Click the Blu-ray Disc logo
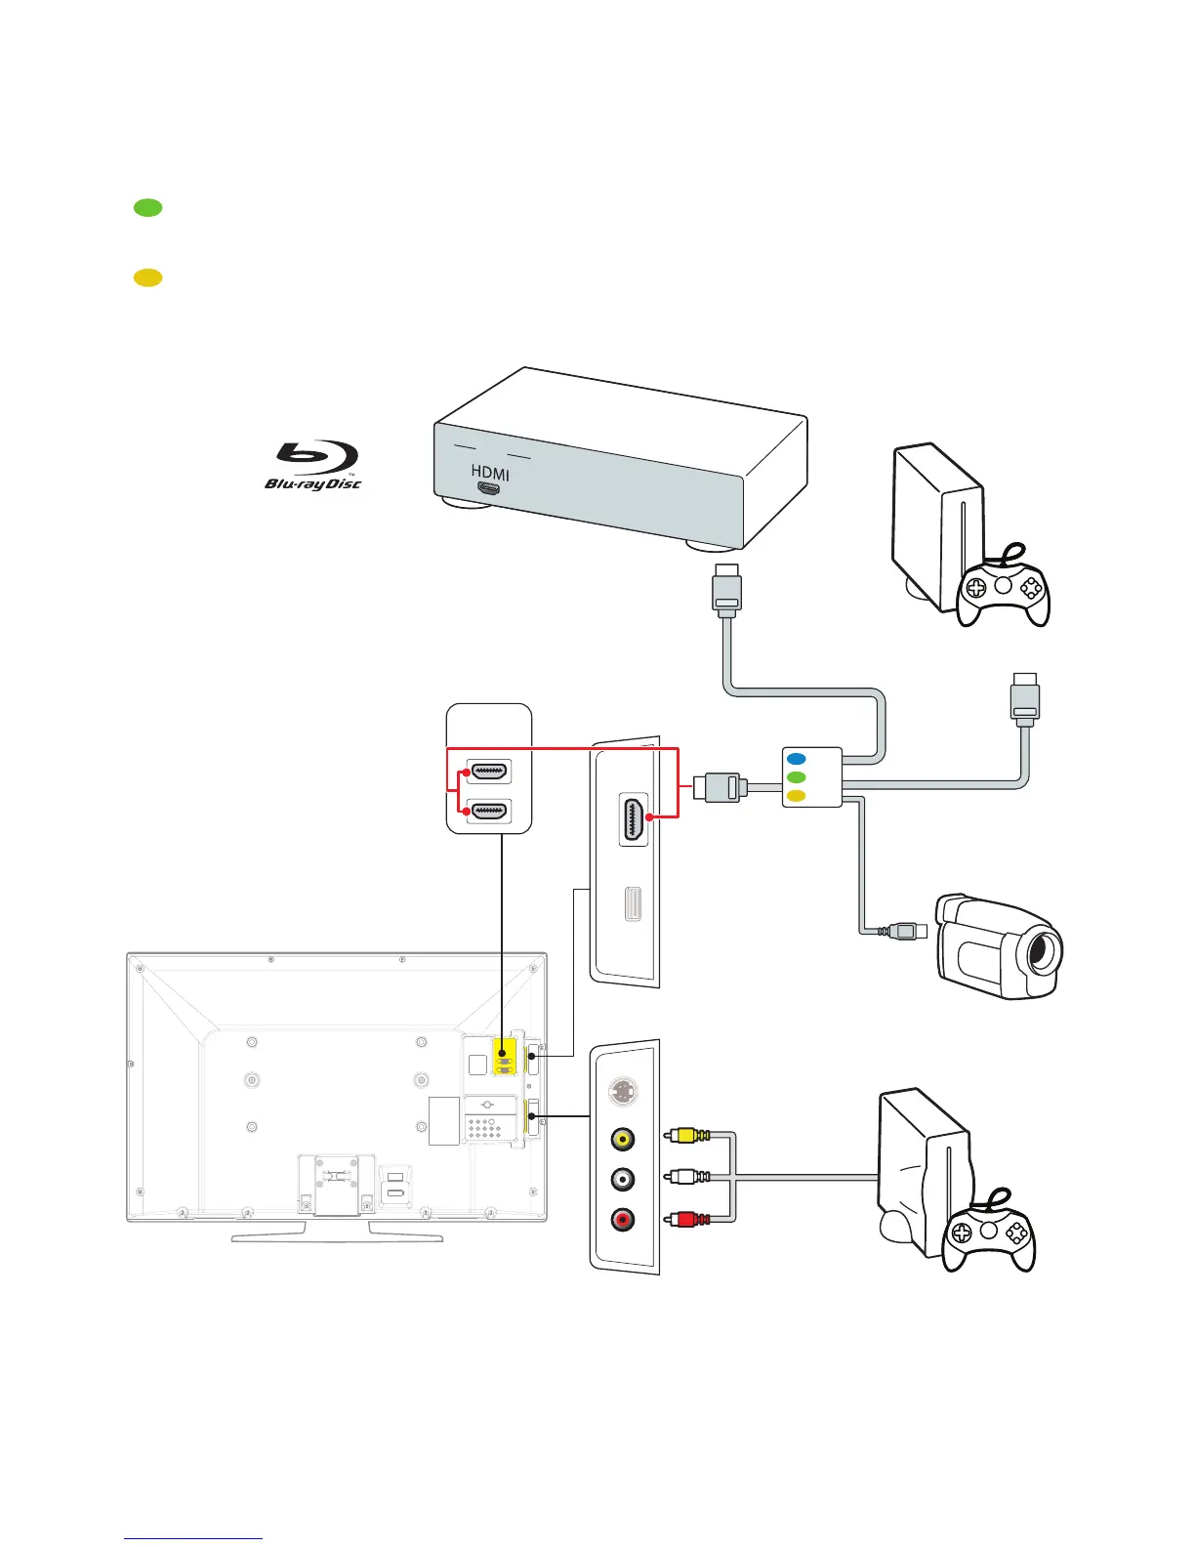(312, 465)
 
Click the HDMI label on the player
(490, 474)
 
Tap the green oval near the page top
(147, 207)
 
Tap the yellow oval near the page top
(147, 277)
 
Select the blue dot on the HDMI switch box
(797, 759)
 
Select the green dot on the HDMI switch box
(797, 777)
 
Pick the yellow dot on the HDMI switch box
(797, 796)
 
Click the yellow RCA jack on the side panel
(622, 1139)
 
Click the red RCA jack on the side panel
(622, 1219)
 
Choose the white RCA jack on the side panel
(622, 1179)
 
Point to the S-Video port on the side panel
(622, 1092)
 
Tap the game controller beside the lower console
(989, 1233)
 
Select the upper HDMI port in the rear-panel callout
(489, 772)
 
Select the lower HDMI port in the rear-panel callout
(489, 811)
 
